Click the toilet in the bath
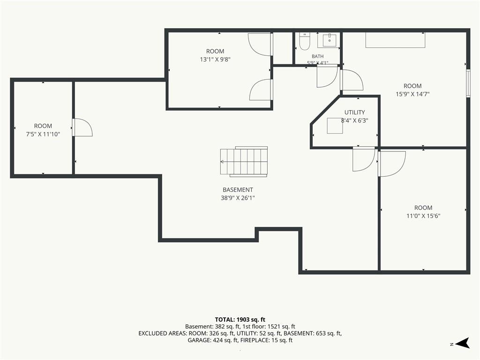click(305, 41)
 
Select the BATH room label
click(317, 56)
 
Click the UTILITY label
click(354, 112)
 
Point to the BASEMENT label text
click(238, 190)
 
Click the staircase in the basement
click(244, 161)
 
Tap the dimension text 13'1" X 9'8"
click(215, 60)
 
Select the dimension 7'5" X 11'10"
click(43, 134)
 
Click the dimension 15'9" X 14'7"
click(412, 94)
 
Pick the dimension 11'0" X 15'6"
click(423, 216)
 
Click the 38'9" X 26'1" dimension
click(238, 198)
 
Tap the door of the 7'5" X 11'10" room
click(82, 127)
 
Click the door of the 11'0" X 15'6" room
click(392, 164)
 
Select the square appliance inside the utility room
click(335, 126)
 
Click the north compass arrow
click(462, 343)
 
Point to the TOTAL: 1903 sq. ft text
click(240, 320)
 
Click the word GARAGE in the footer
click(198, 340)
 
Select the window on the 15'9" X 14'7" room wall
click(468, 83)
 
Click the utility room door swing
click(364, 159)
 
